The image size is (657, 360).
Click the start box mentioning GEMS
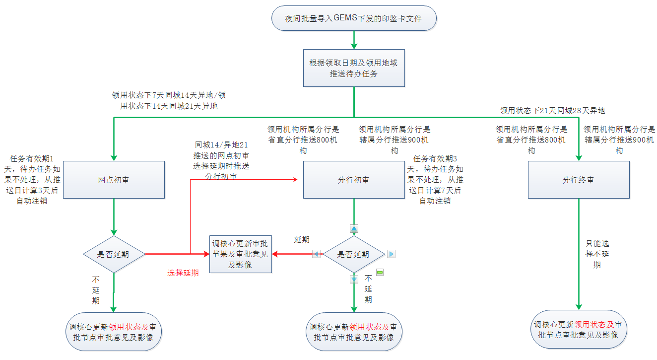354,18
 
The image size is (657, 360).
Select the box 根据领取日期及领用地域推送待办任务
354,68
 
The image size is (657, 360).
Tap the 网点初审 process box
114,180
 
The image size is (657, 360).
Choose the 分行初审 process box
354,180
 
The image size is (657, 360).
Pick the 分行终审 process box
578,180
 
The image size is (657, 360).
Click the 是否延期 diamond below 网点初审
114,254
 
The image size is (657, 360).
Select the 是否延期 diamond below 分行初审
354,254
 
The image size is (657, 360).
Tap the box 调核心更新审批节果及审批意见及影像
241,254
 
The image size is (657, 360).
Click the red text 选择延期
183,273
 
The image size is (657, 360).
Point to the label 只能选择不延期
596,254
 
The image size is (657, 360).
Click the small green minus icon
380,272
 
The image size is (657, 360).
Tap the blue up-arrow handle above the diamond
354,229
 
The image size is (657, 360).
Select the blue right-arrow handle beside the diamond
391,254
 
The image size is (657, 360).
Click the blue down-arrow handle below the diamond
354,279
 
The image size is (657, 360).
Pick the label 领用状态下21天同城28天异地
552,110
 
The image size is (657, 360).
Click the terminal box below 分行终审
578,330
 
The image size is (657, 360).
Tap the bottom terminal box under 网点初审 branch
114,332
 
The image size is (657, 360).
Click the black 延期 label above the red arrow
302,239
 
